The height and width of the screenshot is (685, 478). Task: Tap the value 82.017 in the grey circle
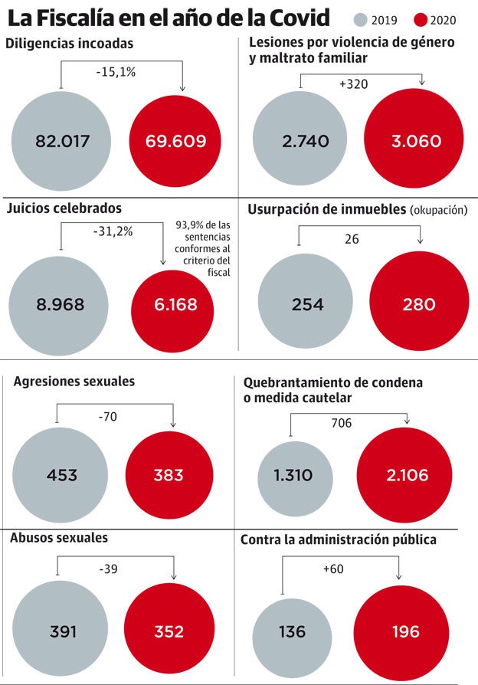pyautogui.click(x=62, y=141)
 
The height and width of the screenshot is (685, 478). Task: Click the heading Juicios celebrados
pyautogui.click(x=64, y=208)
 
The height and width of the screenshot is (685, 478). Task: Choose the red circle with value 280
pyautogui.click(x=419, y=304)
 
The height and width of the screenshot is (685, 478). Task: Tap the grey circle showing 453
pyautogui.click(x=61, y=475)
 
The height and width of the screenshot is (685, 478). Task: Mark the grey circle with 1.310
pyautogui.click(x=293, y=475)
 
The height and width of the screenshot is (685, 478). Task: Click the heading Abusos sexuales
pyautogui.click(x=59, y=538)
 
